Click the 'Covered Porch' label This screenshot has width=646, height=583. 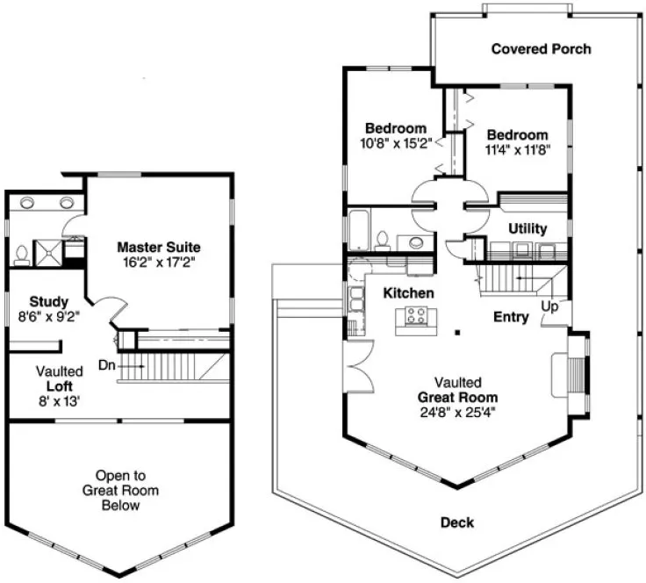(541, 49)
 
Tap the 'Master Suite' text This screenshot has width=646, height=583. (159, 248)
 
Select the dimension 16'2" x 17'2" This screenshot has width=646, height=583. (159, 262)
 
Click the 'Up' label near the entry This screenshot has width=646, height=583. (550, 308)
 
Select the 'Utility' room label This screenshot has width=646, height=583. (528, 228)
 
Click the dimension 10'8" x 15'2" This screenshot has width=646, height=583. (396, 142)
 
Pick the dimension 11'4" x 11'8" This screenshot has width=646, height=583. (517, 148)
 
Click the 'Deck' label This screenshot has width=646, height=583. (456, 523)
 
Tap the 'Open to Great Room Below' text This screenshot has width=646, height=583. (120, 490)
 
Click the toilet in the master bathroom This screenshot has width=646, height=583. (21, 256)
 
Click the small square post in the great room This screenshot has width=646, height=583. (456, 332)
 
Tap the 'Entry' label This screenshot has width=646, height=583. (511, 317)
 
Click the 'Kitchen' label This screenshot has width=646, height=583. (407, 291)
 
